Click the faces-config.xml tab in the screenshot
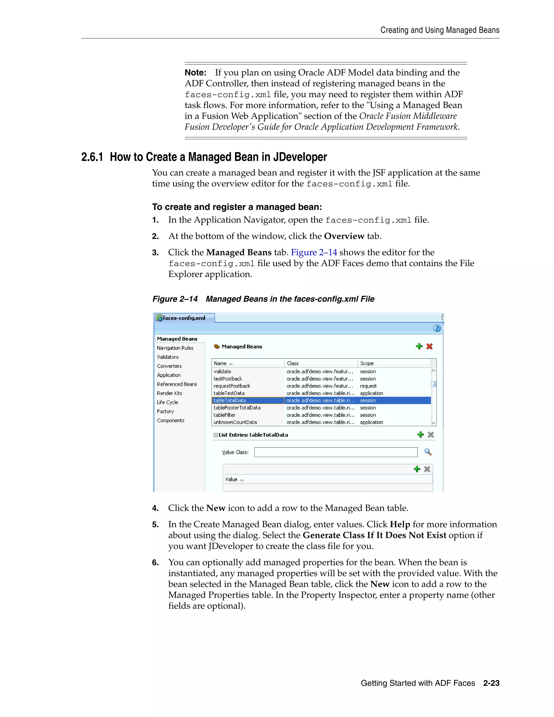[x=184, y=318]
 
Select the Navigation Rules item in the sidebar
[x=175, y=348]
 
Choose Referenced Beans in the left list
[x=177, y=384]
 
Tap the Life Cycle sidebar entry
[x=167, y=402]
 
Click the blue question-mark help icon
[x=437, y=328]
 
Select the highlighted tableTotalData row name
[x=230, y=400]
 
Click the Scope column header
[x=367, y=363]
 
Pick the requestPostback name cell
[x=232, y=386]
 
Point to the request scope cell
[x=368, y=386]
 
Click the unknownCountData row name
[x=235, y=422]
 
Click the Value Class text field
[x=335, y=452]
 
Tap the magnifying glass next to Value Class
[x=428, y=452]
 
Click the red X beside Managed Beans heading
[x=429, y=346]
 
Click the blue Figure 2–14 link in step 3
[x=314, y=252]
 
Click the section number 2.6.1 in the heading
[x=92, y=157]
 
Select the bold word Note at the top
[x=195, y=73]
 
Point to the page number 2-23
[x=491, y=683]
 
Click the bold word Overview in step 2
[x=344, y=236]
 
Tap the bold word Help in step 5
[x=400, y=524]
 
